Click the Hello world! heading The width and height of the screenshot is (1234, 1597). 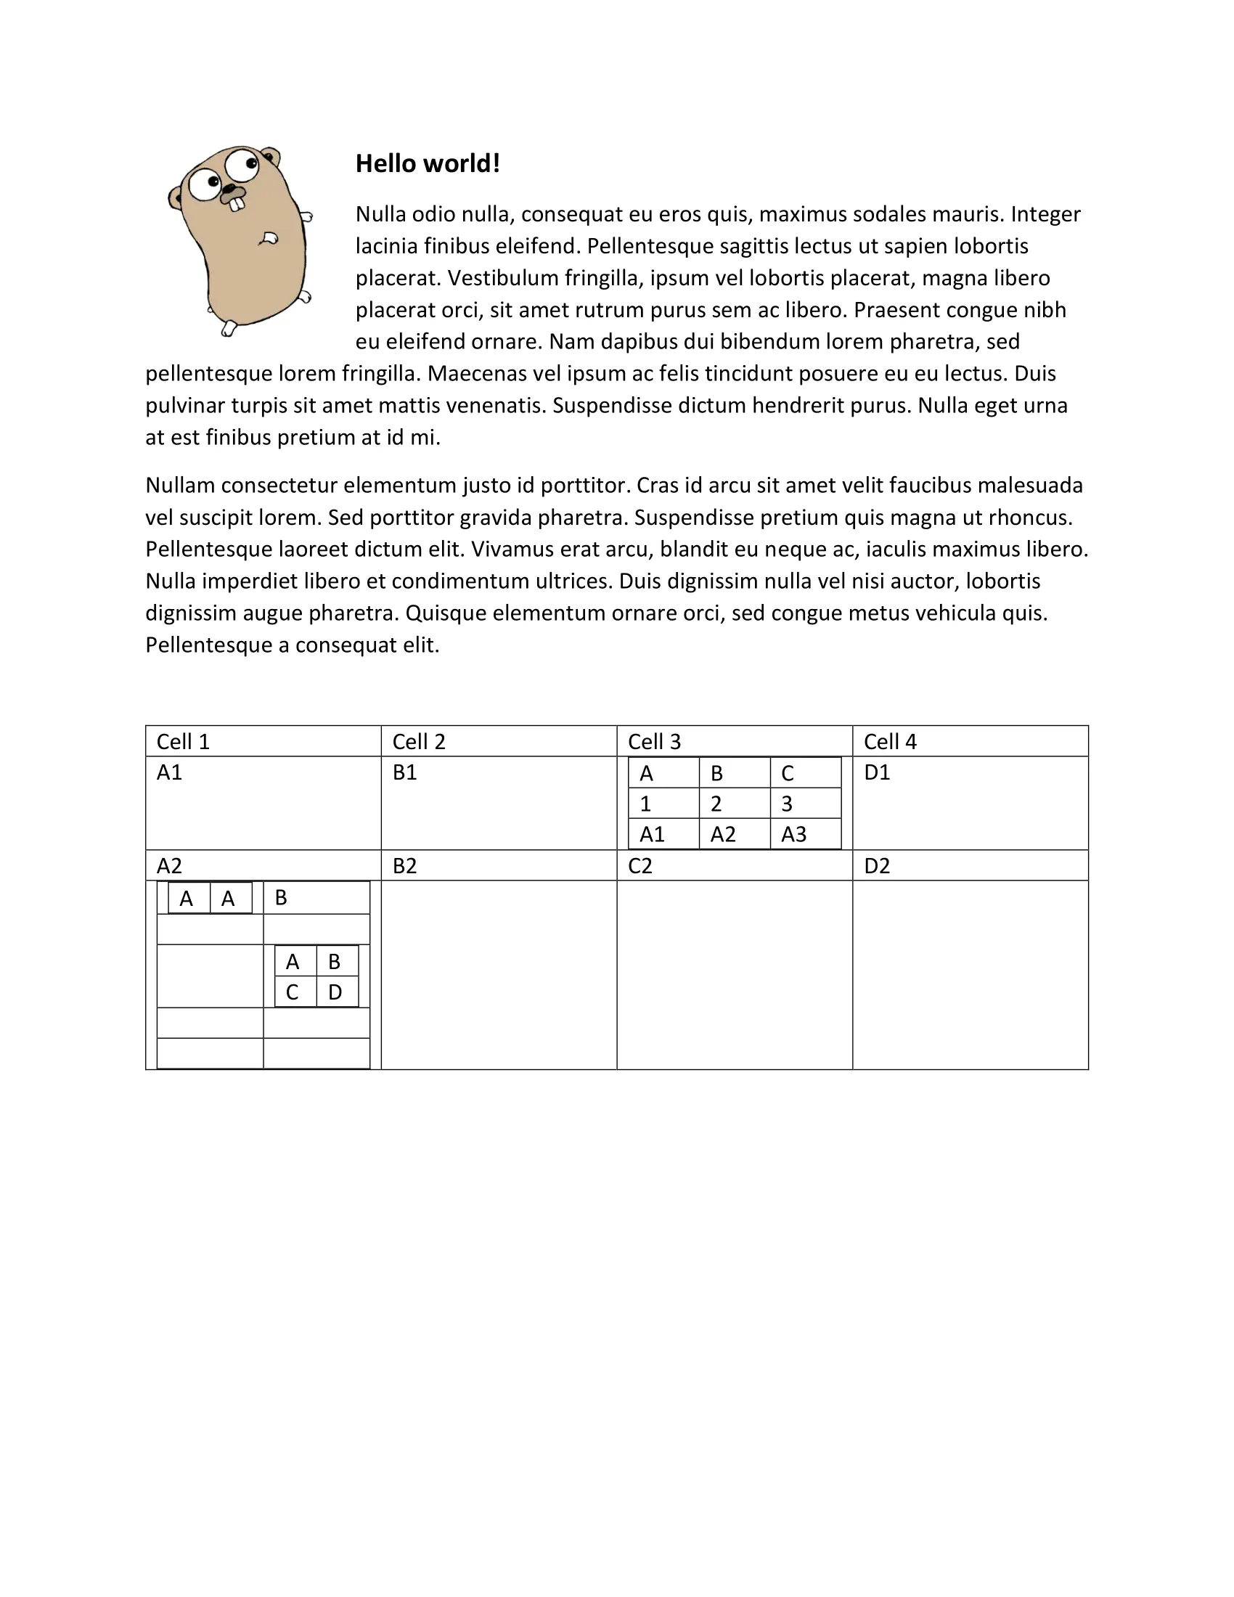[428, 164]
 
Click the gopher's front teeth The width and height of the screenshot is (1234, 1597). [236, 205]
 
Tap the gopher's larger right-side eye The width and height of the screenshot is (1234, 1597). [241, 165]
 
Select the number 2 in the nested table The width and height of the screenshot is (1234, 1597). [716, 804]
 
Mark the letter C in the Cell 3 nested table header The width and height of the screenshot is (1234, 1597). [788, 773]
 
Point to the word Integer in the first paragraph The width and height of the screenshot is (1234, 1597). [1045, 214]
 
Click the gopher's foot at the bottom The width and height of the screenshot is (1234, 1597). [229, 330]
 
